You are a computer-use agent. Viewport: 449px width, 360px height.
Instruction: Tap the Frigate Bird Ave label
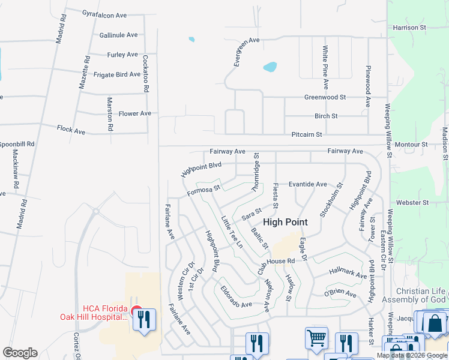[117, 75]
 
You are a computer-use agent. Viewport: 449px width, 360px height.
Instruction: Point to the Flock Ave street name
[71, 130]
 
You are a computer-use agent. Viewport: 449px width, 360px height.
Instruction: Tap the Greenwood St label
[325, 97]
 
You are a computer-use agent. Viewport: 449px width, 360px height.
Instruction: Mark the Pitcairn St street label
[307, 135]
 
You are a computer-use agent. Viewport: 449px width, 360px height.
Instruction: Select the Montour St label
[411, 145]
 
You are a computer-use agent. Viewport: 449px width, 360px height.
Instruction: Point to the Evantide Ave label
[307, 184]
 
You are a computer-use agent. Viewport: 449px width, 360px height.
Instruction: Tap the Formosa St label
[204, 191]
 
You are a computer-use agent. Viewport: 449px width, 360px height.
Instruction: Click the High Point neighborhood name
[285, 222]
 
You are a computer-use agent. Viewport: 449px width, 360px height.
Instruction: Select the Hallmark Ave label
[348, 274]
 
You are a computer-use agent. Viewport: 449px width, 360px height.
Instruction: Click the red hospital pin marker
[136, 313]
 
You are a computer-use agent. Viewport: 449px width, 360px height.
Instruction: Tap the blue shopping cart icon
[316, 337]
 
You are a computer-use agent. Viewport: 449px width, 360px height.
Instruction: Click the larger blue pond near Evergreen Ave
[270, 67]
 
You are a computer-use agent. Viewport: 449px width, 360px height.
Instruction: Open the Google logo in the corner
[20, 353]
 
